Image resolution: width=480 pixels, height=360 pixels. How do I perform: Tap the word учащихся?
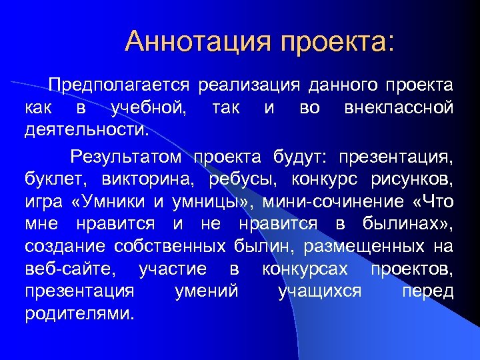(321, 291)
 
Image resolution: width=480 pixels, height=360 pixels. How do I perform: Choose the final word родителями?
(79, 313)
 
